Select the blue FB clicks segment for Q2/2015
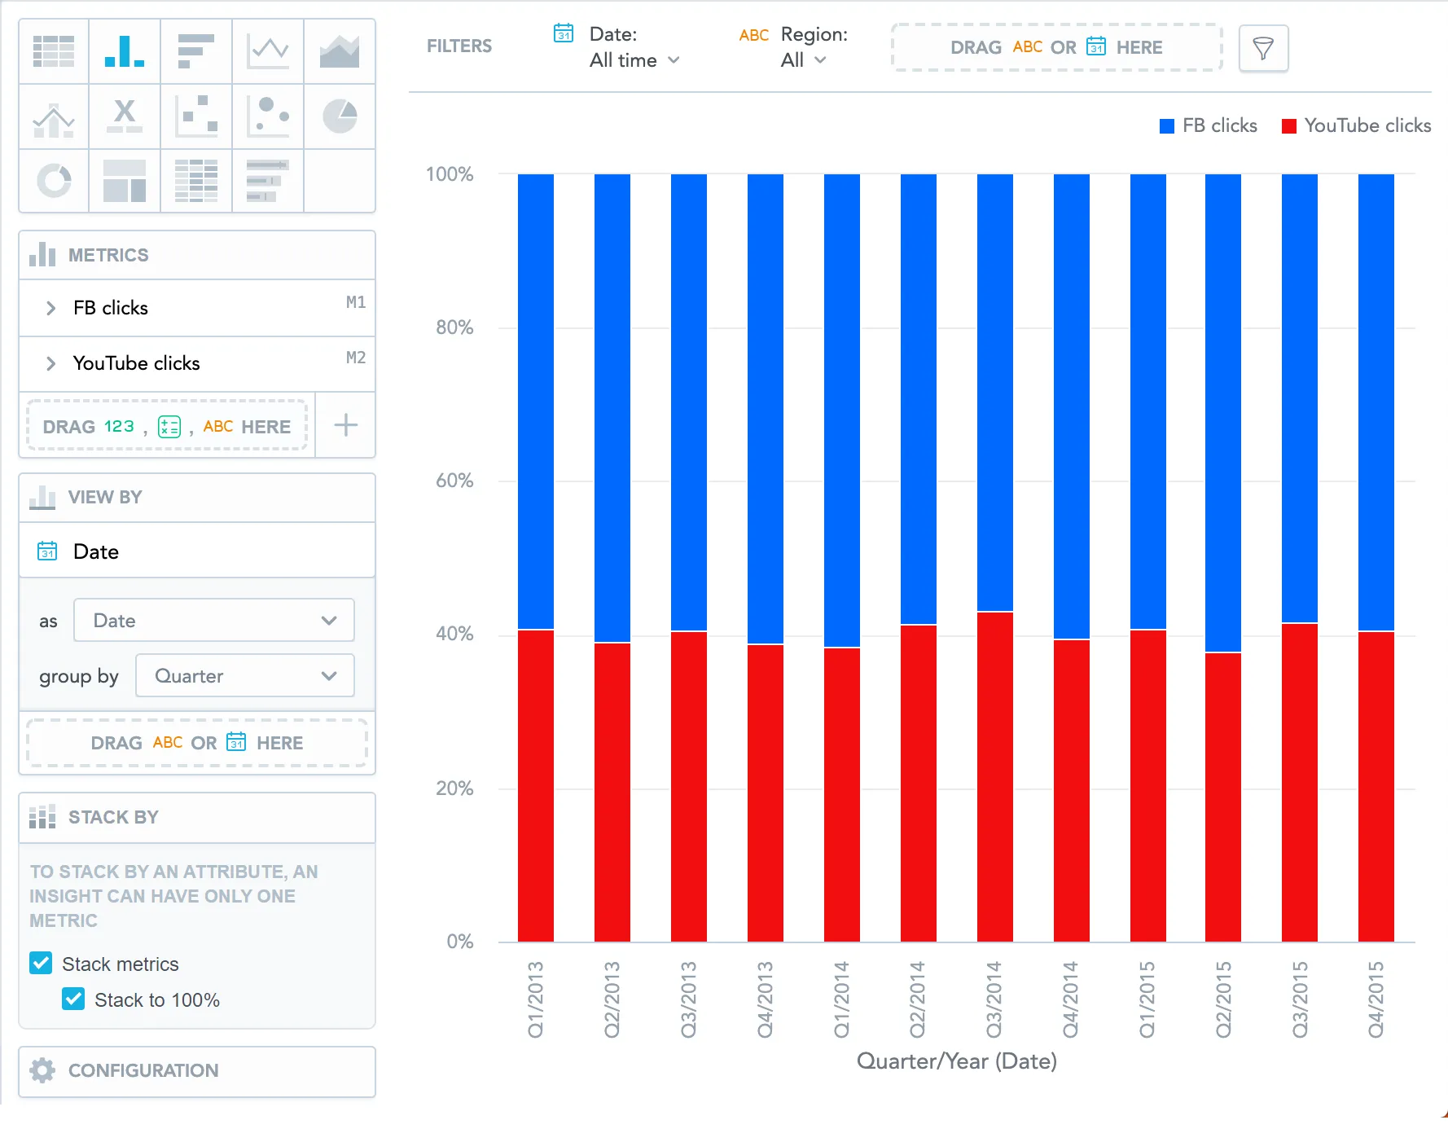1223,412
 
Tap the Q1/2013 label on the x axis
535,999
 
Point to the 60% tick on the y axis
454,481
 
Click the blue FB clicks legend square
1166,126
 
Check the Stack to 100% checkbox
73,999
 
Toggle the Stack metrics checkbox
41,963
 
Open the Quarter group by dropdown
244,675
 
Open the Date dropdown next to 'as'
213,620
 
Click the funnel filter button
1262,48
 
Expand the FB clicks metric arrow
50,308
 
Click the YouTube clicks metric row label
136,363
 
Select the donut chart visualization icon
54,180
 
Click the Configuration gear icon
42,1070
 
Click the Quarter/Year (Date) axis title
956,1061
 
